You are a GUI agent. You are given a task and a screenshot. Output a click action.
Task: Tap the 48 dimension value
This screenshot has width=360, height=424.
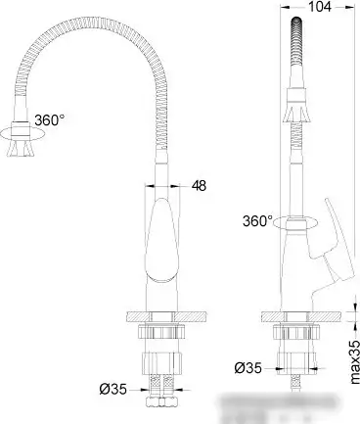[199, 185]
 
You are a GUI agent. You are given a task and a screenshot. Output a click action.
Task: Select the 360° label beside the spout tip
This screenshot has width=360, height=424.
[50, 120]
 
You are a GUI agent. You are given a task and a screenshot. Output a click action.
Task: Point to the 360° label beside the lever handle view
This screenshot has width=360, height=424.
[257, 220]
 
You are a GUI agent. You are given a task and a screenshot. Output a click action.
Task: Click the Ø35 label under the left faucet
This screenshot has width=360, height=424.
[114, 391]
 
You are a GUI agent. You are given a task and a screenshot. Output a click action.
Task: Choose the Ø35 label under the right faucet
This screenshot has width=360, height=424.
[247, 368]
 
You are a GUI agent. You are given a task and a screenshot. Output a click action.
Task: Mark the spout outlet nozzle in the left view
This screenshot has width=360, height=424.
[21, 147]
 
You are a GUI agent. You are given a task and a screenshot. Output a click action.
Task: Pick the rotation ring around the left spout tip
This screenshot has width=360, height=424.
[21, 127]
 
